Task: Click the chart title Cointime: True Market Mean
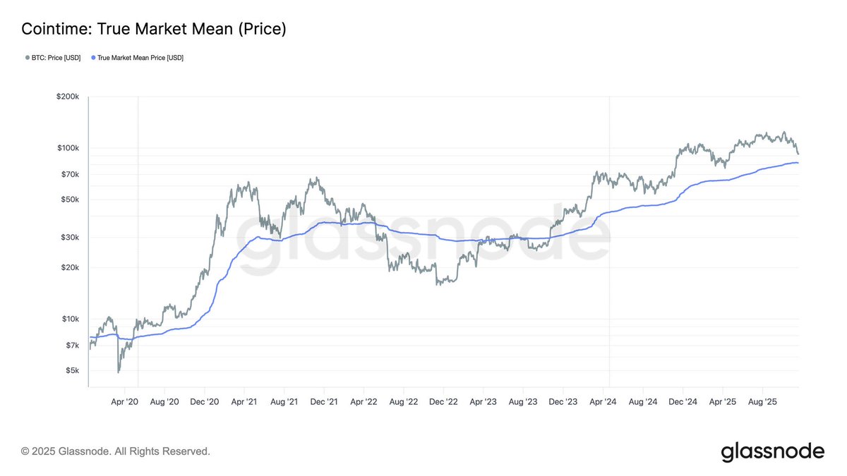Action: point(154,29)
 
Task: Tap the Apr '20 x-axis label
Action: point(124,402)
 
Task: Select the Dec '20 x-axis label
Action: point(203,402)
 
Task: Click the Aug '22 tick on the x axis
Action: point(402,402)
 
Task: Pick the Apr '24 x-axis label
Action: point(603,402)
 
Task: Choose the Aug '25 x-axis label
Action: point(762,402)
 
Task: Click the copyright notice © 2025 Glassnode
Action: point(116,451)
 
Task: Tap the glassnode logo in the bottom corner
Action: point(772,451)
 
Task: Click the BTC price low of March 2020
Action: point(119,372)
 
